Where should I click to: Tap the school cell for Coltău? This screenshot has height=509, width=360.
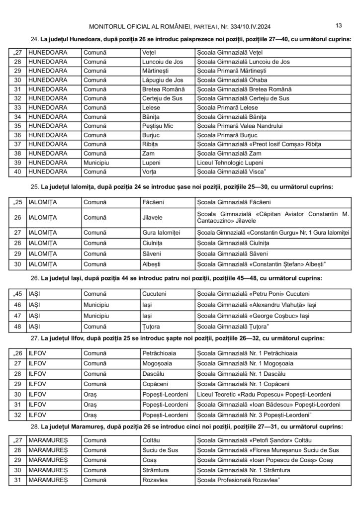(x=254, y=440)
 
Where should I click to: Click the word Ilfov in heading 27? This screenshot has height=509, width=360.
(x=97, y=338)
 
